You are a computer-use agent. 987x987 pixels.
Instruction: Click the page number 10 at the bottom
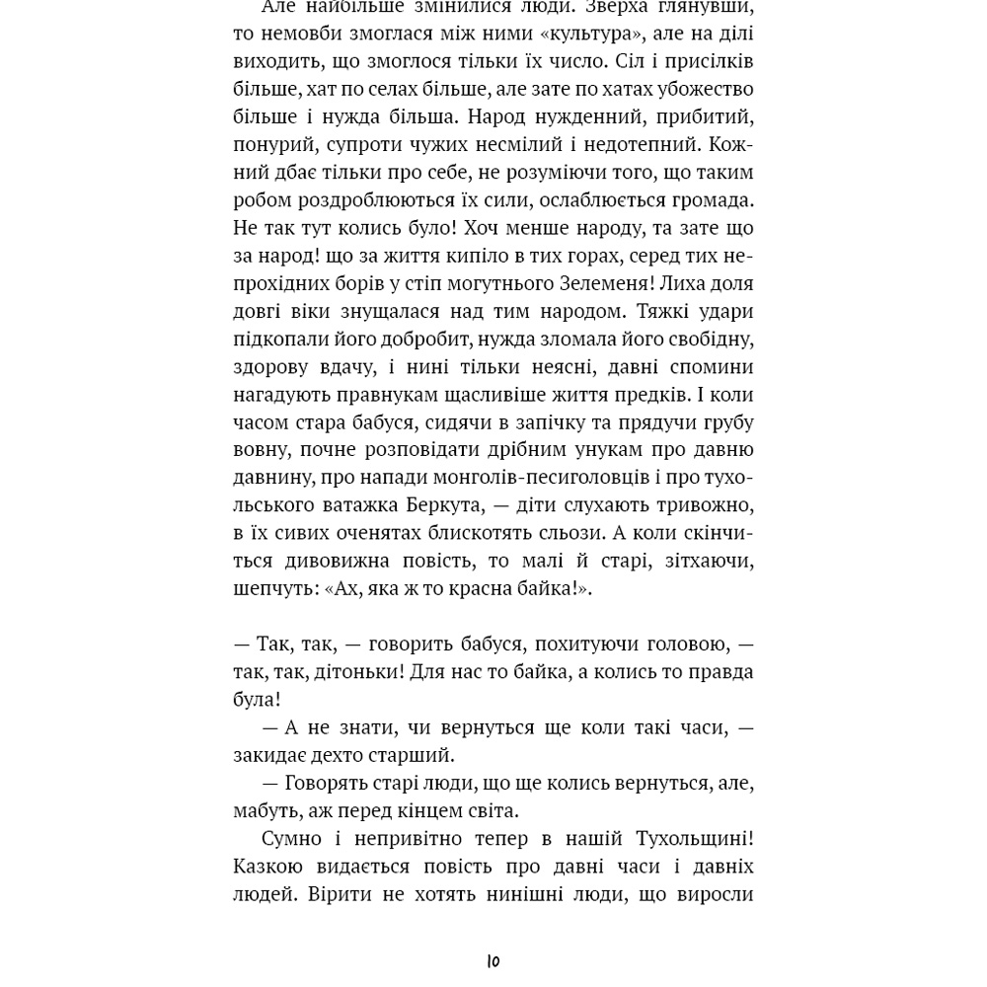[493, 960]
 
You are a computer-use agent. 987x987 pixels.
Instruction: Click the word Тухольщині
[692, 839]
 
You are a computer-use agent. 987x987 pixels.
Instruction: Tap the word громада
[710, 200]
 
